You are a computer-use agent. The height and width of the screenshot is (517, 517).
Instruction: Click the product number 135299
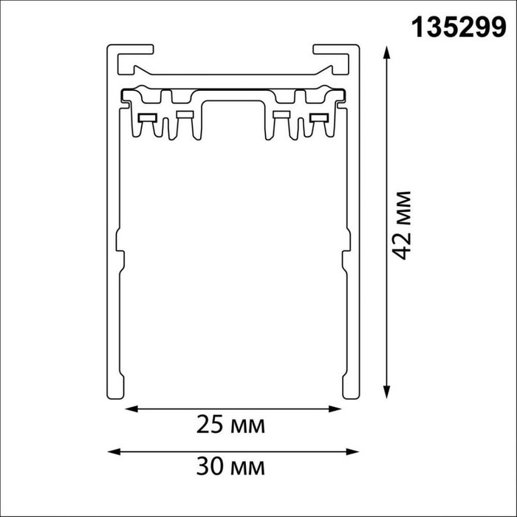(459, 28)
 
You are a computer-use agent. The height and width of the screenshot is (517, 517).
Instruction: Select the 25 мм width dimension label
(230, 425)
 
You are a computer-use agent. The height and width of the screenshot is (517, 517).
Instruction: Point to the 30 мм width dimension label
(230, 466)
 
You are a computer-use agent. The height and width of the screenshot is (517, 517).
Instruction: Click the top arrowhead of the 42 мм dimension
(387, 52)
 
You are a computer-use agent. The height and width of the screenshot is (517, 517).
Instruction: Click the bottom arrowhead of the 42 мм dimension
(387, 392)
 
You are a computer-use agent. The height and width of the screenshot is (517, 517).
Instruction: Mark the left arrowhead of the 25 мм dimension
(131, 409)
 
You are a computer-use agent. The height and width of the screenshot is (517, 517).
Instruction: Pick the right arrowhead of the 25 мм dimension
(335, 409)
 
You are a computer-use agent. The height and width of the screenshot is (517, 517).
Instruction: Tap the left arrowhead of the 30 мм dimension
(114, 451)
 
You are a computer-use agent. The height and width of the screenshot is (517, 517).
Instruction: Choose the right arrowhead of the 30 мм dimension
(352, 451)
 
